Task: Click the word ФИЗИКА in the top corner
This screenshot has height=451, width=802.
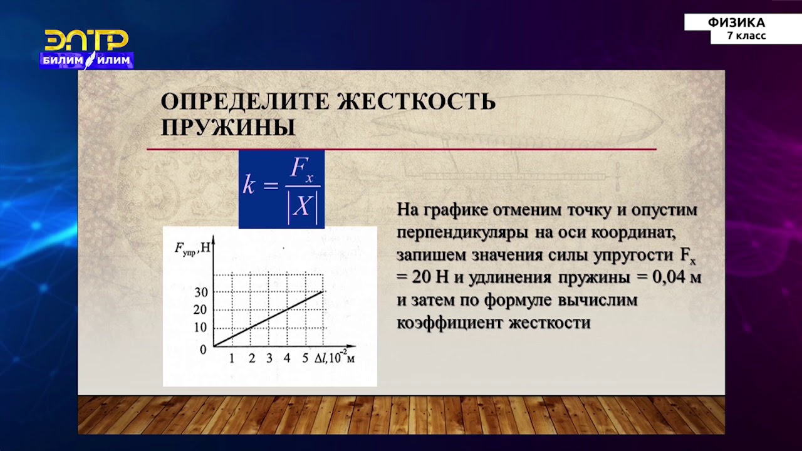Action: click(736, 23)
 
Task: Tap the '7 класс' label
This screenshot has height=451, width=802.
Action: click(746, 36)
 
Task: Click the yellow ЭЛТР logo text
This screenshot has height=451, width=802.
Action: click(86, 41)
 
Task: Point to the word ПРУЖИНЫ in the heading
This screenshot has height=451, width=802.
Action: click(228, 127)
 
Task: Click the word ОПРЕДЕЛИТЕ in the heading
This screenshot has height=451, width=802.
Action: click(245, 101)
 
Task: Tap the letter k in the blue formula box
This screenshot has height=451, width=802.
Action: click(249, 186)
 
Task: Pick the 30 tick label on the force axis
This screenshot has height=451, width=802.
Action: click(200, 292)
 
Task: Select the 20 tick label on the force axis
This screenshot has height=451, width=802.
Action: click(200, 309)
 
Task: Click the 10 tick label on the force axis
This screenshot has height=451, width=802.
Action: click(200, 327)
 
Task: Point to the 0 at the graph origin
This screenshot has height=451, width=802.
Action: click(203, 350)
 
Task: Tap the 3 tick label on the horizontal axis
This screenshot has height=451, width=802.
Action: click(269, 359)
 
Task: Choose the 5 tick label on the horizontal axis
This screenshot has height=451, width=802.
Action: click(305, 359)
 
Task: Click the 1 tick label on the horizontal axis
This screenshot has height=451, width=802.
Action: click(232, 359)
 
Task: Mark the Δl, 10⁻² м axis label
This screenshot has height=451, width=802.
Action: click(335, 358)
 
